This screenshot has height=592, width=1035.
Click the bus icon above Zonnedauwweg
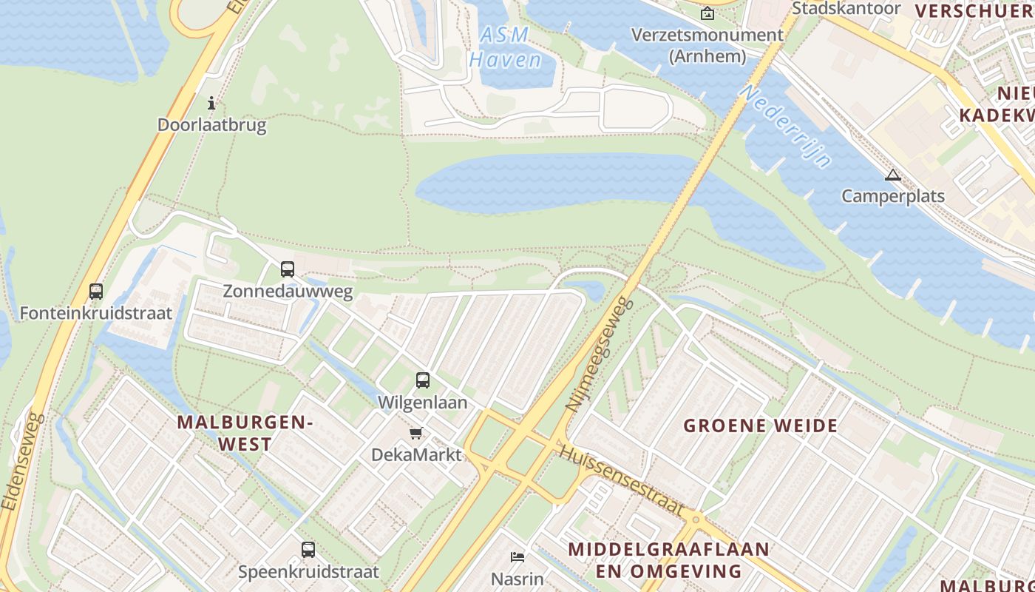point(288,269)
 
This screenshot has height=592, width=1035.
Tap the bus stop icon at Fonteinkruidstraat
point(96,292)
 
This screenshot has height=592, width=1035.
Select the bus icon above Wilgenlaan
point(423,380)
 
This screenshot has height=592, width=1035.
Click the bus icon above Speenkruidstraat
point(308,550)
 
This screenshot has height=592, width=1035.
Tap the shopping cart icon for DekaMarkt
point(416,433)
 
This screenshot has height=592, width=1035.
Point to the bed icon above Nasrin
point(517,556)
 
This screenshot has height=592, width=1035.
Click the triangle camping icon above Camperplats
point(893,175)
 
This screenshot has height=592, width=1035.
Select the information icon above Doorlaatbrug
point(211,103)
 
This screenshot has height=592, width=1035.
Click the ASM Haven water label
point(506,47)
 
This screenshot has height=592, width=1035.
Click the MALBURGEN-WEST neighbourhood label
point(245,433)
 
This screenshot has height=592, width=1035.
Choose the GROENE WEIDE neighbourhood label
point(761,425)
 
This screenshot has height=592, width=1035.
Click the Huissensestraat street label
point(621,480)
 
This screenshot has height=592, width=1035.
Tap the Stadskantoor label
point(846,8)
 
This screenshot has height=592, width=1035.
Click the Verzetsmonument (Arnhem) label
point(707,45)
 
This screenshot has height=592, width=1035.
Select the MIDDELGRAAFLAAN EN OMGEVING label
point(668,560)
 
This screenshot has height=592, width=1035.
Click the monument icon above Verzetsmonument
point(707,13)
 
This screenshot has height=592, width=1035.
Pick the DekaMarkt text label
point(416,454)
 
